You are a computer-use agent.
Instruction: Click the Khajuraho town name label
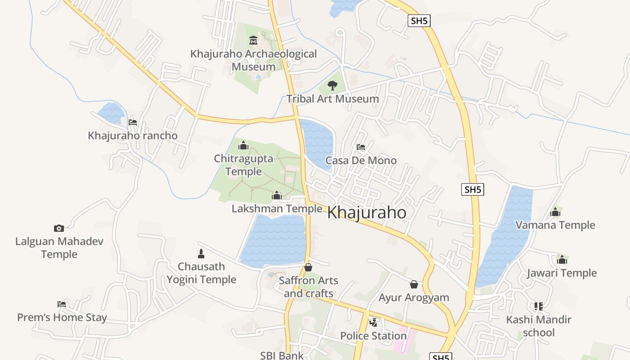coord(367,212)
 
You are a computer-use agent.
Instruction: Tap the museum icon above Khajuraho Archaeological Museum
coord(253,40)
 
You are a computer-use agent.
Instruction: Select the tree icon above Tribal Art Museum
coord(333,85)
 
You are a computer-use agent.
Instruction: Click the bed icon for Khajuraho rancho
coord(132,122)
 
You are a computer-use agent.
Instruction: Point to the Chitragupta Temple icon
coord(243,145)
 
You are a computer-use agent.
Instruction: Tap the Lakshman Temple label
coord(277,208)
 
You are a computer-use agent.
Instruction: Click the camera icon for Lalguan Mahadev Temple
coord(59,228)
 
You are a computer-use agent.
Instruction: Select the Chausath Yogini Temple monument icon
coord(201,253)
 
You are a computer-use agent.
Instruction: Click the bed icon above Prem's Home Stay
coord(62,304)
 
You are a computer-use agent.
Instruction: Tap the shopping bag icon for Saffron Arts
coord(308,267)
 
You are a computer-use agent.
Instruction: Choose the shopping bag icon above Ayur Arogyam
coord(414,284)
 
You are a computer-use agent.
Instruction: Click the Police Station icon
coord(373,322)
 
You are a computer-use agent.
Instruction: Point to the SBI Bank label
coord(282,355)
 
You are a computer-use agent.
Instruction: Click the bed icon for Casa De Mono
coord(360,147)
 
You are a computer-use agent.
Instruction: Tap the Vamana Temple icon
coord(555,212)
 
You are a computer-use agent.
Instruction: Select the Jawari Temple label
coord(562,273)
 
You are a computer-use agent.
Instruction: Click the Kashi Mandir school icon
coord(539,306)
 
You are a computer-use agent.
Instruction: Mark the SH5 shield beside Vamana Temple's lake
coord(472,189)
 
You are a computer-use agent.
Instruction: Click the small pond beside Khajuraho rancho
coord(111,113)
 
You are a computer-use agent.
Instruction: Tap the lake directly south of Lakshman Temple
coord(274,241)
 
